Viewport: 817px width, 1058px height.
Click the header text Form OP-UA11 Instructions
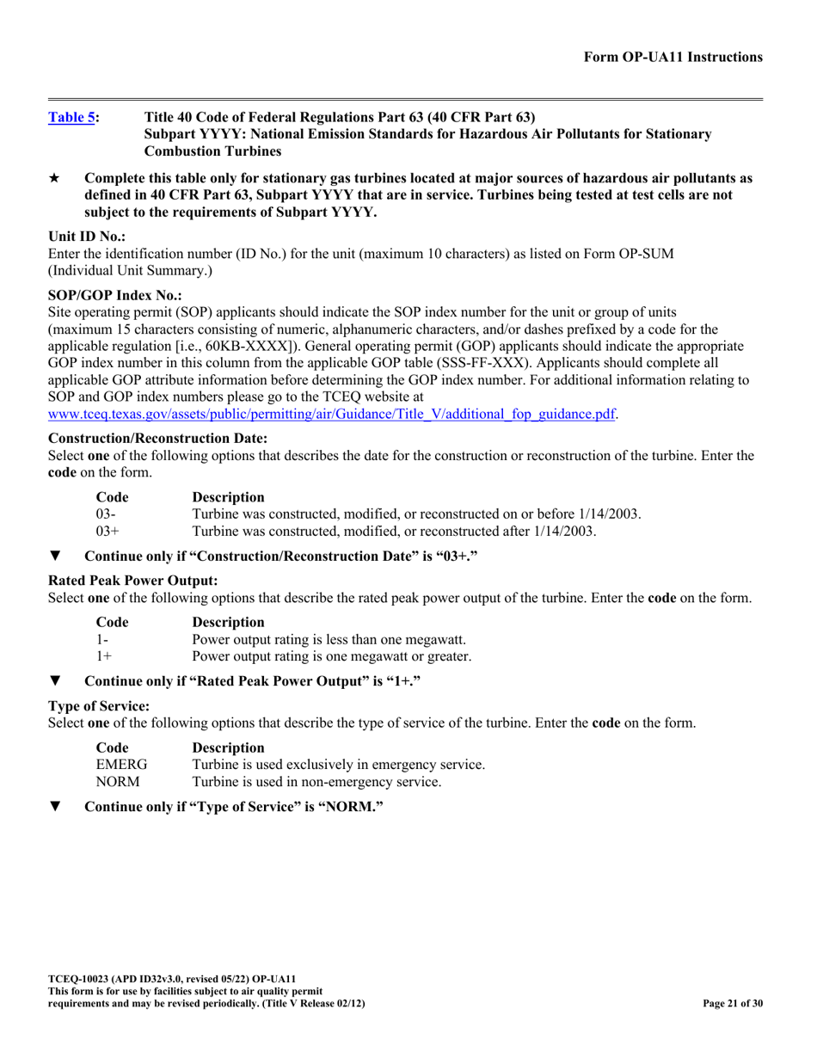pos(673,57)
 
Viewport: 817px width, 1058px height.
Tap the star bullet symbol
pos(55,179)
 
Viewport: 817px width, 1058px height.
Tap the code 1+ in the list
pos(103,656)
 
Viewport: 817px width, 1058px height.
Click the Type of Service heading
pos(98,706)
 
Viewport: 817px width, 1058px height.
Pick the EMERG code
pos(121,765)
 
